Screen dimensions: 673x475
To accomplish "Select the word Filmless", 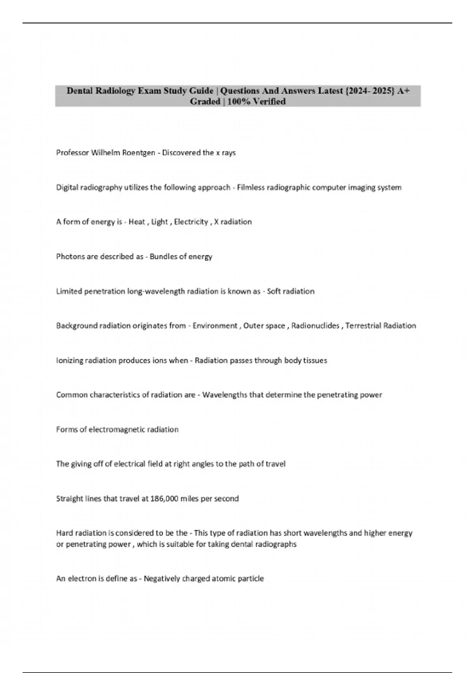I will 250,187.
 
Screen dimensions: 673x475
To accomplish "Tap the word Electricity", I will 191,222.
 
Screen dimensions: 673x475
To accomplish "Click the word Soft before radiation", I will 274,291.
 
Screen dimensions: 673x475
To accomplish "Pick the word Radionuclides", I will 315,326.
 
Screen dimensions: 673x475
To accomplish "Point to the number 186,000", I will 164,498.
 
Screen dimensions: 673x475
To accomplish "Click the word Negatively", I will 163,579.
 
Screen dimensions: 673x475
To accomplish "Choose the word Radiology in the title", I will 117,91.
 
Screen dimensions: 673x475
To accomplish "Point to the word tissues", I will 315,360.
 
